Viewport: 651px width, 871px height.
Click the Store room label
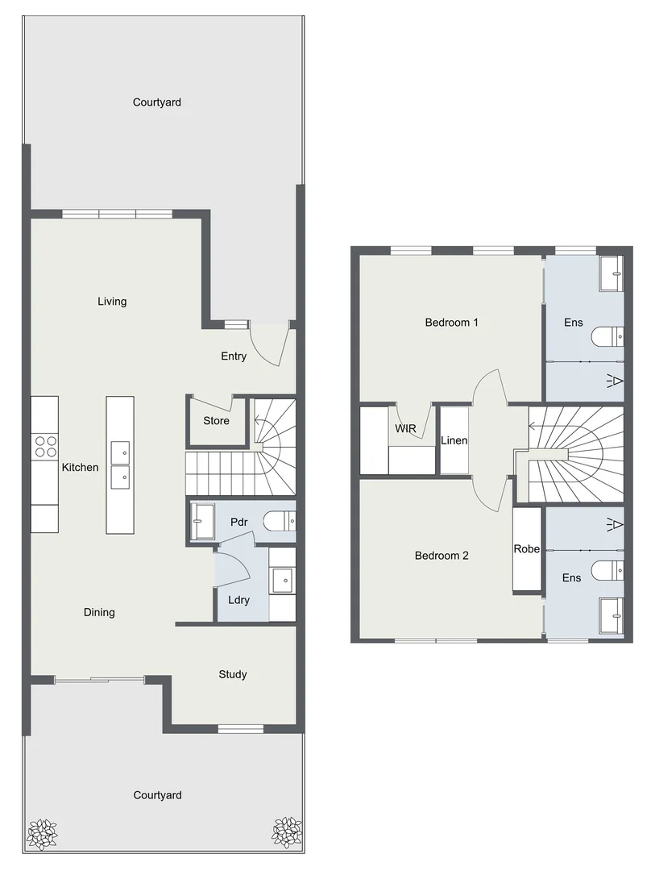(x=216, y=421)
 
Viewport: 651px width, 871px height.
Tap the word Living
(x=112, y=302)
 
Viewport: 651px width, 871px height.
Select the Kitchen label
(x=80, y=468)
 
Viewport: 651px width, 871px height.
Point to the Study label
(x=233, y=674)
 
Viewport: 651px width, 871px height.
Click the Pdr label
(x=238, y=523)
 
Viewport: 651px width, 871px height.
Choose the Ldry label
(x=238, y=601)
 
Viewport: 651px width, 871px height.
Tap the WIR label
(x=405, y=429)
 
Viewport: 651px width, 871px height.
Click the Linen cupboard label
(x=454, y=441)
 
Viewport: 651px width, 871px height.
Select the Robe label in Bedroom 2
(x=527, y=549)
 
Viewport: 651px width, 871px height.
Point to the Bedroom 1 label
(x=452, y=323)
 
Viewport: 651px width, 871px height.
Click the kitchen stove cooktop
(x=45, y=446)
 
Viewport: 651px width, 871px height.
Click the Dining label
(x=99, y=612)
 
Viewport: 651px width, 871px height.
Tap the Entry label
(x=234, y=356)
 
